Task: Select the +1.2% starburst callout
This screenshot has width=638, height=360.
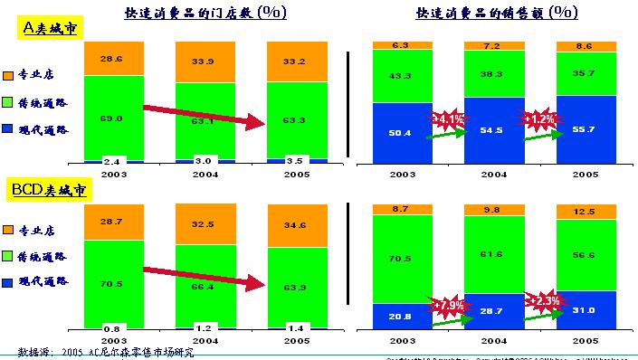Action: point(538,118)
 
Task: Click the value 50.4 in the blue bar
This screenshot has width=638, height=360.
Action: point(401,132)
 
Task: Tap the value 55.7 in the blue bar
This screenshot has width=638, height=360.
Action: point(584,129)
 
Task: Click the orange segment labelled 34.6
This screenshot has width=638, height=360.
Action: point(297,223)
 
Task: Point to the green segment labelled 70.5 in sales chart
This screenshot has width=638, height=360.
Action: point(401,258)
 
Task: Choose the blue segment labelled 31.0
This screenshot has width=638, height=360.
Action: point(584,310)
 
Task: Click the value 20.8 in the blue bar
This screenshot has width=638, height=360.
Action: point(401,316)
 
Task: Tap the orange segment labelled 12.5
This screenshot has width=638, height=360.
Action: point(584,211)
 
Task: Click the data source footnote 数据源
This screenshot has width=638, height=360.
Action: point(105,351)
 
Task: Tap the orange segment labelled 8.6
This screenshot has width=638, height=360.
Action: point(584,45)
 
